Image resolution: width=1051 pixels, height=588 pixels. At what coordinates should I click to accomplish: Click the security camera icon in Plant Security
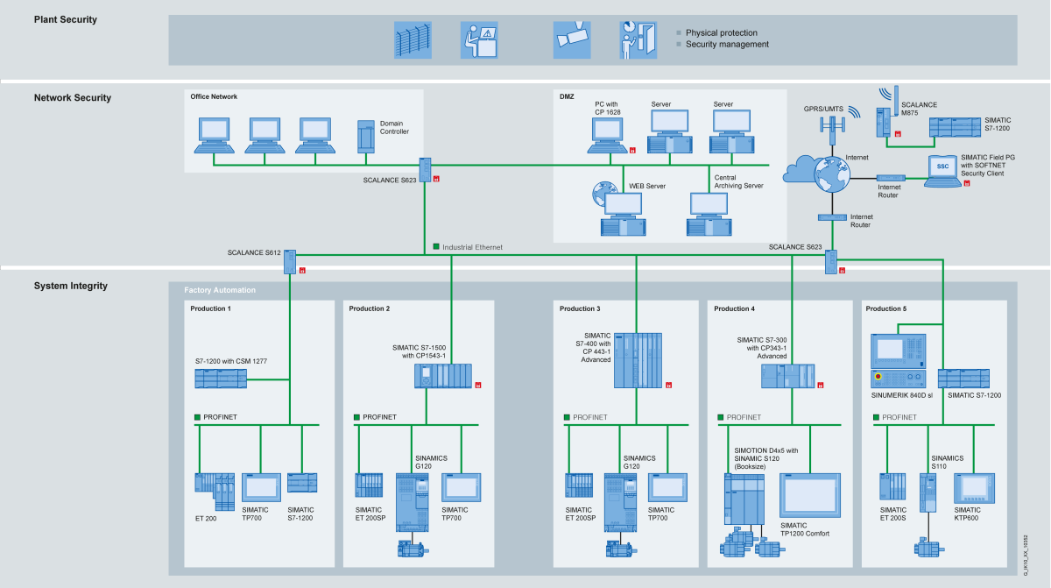tap(572, 40)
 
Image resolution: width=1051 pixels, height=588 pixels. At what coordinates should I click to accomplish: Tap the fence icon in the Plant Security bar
tap(413, 40)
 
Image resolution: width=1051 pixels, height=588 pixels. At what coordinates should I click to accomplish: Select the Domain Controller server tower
tap(366, 137)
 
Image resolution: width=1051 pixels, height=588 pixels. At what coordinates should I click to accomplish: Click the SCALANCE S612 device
tap(290, 262)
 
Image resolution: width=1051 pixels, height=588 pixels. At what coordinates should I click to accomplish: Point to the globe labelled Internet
tap(832, 174)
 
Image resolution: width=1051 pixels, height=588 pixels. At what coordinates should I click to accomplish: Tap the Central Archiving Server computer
tap(709, 214)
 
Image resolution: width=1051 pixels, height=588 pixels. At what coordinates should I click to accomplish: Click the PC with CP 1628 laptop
tap(608, 135)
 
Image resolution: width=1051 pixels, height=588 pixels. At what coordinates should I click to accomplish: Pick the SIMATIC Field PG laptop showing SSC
tap(943, 171)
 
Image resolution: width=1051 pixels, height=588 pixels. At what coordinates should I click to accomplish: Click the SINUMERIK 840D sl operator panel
tap(898, 361)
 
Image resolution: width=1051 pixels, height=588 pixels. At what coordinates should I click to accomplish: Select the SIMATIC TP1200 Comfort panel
tap(810, 495)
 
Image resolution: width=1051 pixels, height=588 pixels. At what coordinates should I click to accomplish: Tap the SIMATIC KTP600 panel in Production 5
tap(974, 488)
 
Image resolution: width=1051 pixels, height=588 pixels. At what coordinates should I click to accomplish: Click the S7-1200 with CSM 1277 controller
tap(221, 379)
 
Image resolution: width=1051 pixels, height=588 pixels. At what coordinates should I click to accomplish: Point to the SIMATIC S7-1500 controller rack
tap(443, 376)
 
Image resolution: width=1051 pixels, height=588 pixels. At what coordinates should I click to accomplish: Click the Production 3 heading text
tap(580, 308)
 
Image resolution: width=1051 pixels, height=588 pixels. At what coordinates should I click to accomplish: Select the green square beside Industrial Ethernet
tap(436, 246)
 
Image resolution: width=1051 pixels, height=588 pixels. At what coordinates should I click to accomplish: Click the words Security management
tap(727, 44)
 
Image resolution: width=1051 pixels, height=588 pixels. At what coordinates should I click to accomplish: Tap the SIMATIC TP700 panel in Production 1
tap(261, 487)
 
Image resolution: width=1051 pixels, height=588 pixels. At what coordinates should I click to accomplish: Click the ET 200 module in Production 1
tap(215, 492)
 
